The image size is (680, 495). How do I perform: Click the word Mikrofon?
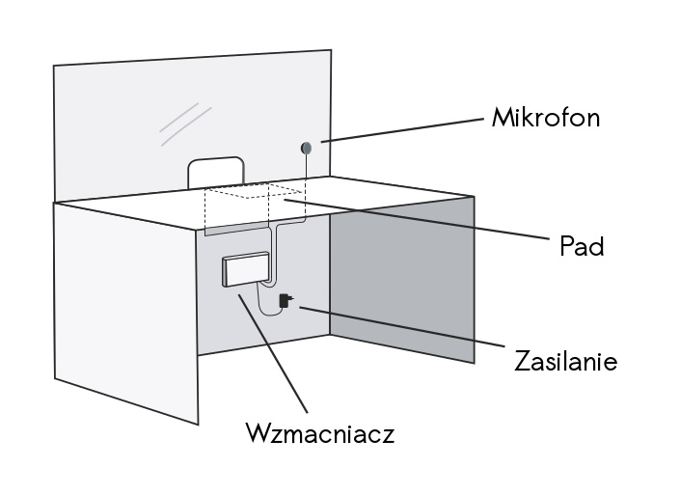pyautogui.click(x=545, y=118)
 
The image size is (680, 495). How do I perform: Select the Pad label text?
pyautogui.click(x=583, y=247)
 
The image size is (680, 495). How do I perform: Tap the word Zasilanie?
pyautogui.click(x=565, y=361)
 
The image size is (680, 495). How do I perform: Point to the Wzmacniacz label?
pyautogui.click(x=319, y=432)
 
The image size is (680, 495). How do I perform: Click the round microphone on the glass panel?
pyautogui.click(x=307, y=147)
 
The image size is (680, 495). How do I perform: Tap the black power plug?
pyautogui.click(x=285, y=301)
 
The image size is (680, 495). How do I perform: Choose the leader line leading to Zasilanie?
pyautogui.click(x=405, y=328)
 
